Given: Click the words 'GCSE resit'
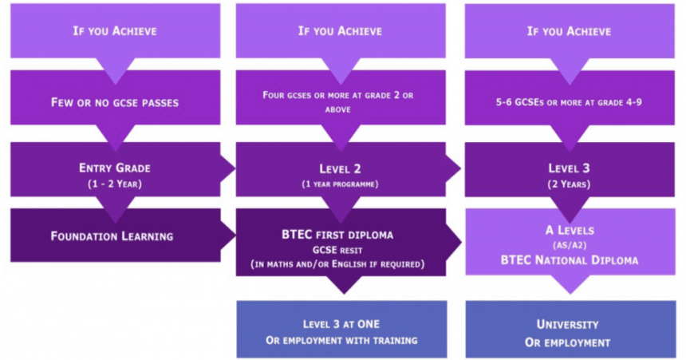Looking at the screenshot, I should click(341, 249).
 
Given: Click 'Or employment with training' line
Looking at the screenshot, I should click(341, 341).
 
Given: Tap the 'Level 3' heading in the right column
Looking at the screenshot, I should click(569, 168).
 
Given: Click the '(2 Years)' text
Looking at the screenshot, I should click(569, 184).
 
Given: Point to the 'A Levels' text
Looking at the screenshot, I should click(569, 231).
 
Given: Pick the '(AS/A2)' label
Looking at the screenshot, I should click(569, 245).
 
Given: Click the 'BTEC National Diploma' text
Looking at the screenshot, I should click(569, 260).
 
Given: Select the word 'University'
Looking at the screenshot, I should click(569, 325).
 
